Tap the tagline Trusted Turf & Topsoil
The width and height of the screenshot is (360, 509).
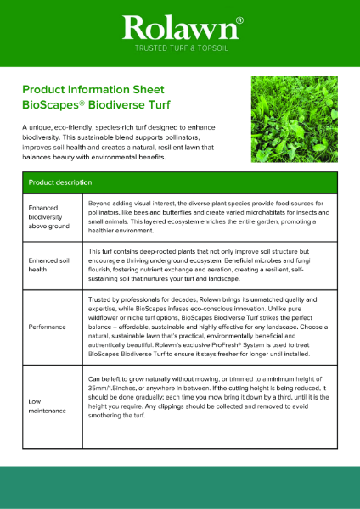click(x=179, y=50)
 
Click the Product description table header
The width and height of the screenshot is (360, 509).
click(x=60, y=182)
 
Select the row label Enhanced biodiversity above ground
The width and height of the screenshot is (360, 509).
click(x=49, y=216)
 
